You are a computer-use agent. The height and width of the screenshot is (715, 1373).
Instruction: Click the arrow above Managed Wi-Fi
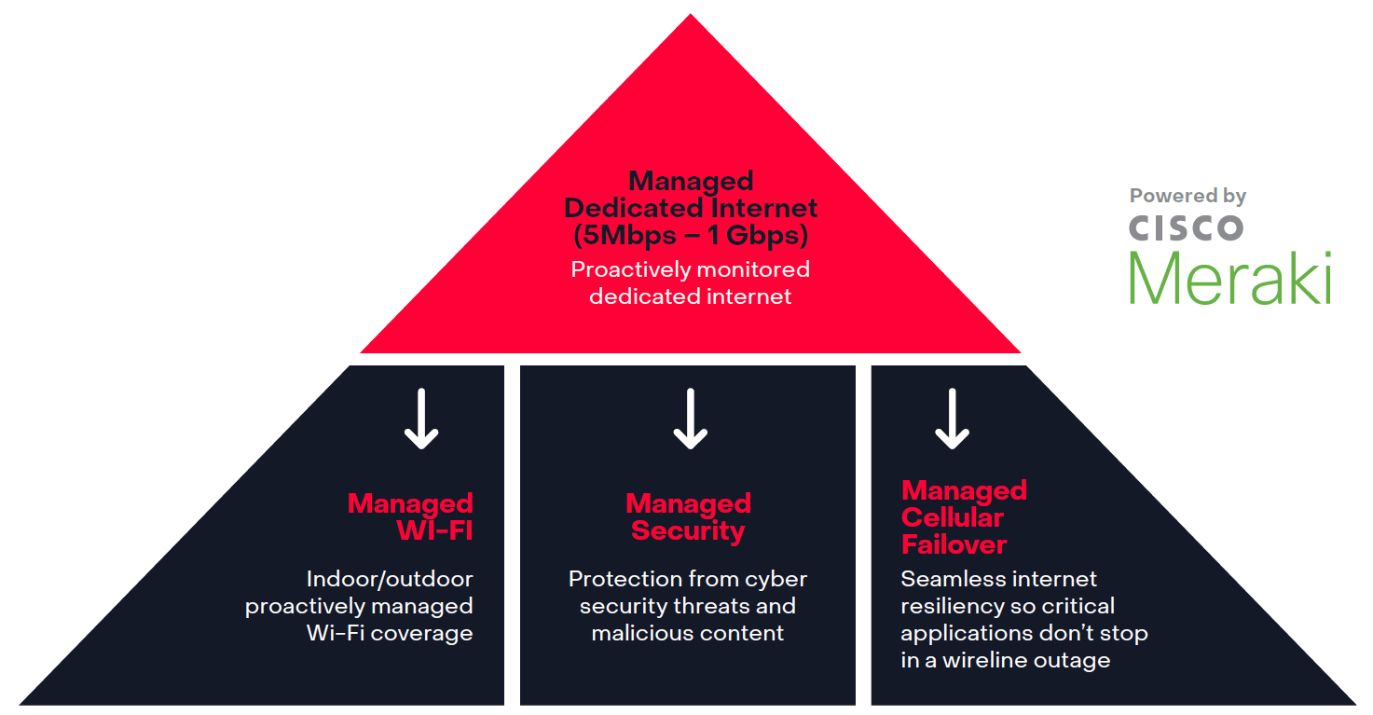click(x=421, y=419)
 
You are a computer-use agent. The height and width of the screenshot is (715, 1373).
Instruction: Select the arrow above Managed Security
click(x=691, y=419)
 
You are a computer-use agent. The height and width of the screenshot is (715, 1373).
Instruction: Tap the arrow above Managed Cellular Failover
click(x=952, y=419)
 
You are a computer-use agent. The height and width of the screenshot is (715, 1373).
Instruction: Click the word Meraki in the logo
click(x=1230, y=277)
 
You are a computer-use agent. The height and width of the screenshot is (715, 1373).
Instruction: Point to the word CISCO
click(x=1186, y=227)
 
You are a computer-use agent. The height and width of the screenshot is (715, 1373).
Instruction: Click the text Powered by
click(x=1188, y=196)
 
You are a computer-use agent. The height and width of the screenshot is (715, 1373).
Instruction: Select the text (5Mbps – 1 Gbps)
click(x=691, y=236)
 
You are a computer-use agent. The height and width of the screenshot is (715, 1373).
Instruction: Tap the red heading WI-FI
click(x=434, y=531)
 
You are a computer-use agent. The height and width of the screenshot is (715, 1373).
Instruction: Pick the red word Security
click(x=688, y=531)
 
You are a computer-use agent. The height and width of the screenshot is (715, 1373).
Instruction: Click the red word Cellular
click(x=953, y=517)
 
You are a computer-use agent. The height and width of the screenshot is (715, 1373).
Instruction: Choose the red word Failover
click(x=954, y=544)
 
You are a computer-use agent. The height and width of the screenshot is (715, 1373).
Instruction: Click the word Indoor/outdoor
click(x=390, y=579)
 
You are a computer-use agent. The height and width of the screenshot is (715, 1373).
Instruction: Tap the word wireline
click(x=990, y=660)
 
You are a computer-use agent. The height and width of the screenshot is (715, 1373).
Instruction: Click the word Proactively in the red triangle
click(x=629, y=269)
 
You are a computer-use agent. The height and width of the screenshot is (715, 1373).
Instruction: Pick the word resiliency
click(x=952, y=606)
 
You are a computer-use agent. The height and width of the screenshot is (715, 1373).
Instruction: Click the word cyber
click(x=777, y=579)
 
